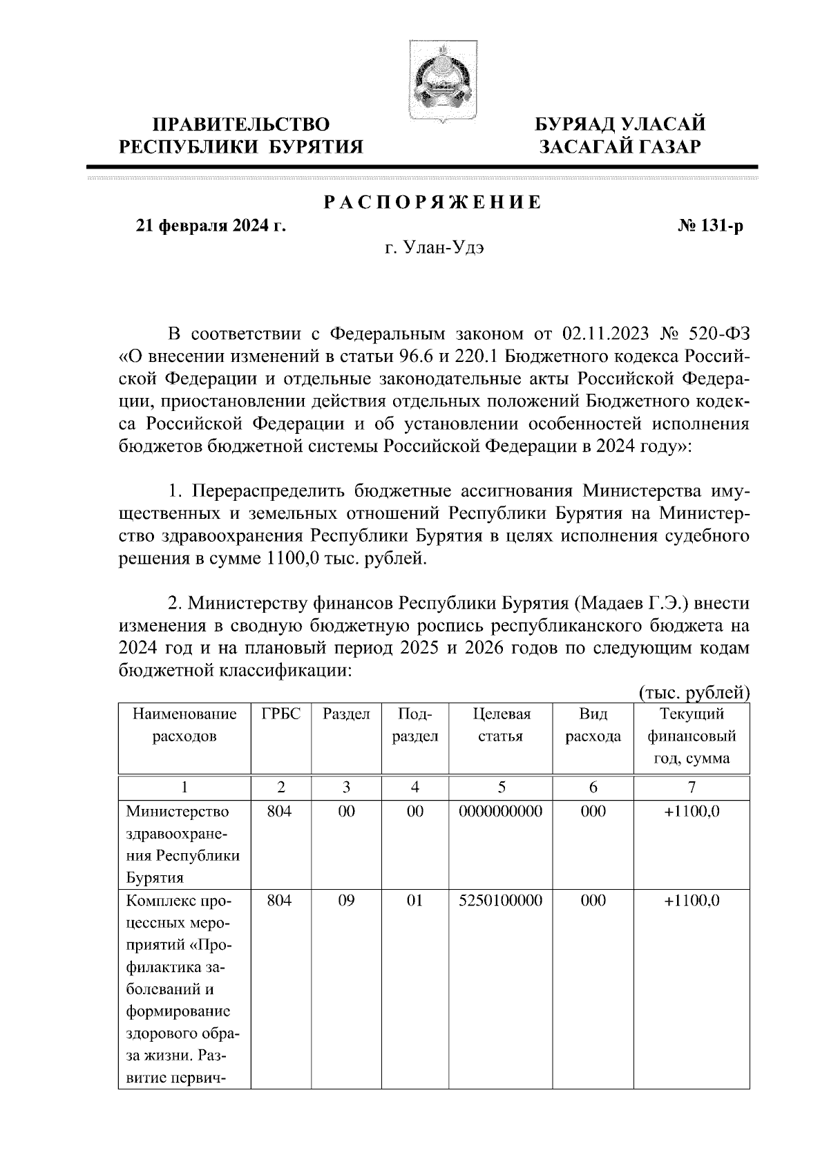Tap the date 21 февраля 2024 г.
[x=211, y=226]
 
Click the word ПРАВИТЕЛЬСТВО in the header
[x=241, y=124]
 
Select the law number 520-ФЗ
[x=718, y=334]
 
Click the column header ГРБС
[x=280, y=714]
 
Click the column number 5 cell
[x=501, y=787]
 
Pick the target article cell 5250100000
[x=501, y=901]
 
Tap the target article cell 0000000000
[x=501, y=811]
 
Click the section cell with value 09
[x=346, y=901]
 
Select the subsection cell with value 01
[x=414, y=901]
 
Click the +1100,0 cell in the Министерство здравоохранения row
[x=692, y=811]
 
